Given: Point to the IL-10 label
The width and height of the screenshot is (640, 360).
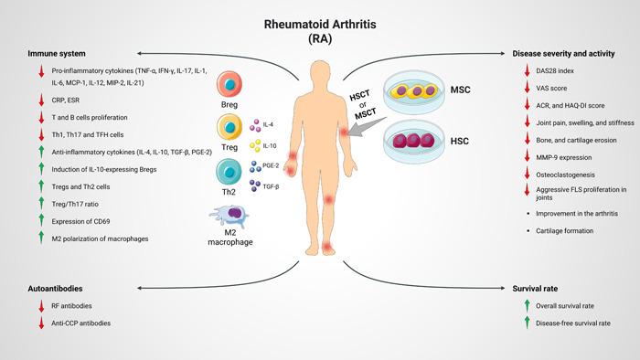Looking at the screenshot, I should pyautogui.click(x=269, y=144).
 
